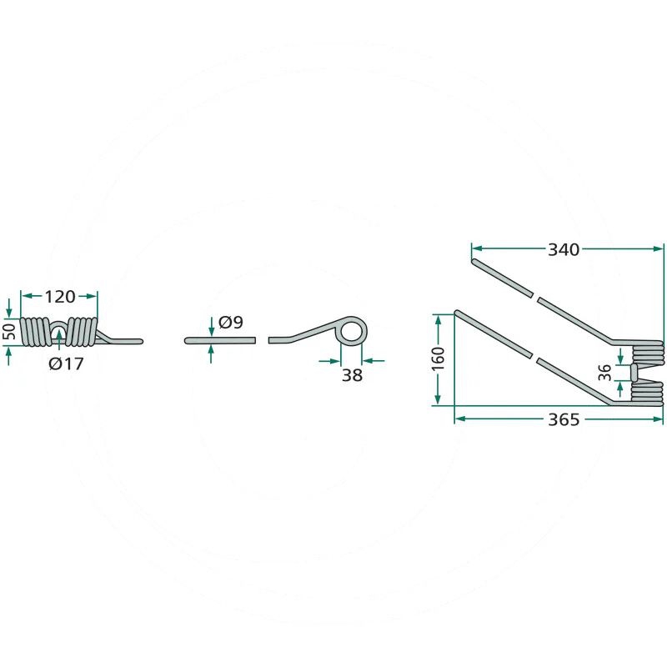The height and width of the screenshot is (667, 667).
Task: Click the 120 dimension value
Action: (x=59, y=296)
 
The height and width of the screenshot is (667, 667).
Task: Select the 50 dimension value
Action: (x=10, y=330)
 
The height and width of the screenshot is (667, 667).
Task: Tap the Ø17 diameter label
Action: (x=64, y=364)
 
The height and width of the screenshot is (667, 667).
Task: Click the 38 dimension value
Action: (x=352, y=375)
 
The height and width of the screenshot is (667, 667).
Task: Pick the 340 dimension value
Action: (x=564, y=248)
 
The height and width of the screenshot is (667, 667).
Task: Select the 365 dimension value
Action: (x=564, y=420)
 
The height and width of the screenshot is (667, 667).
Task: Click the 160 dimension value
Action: (x=439, y=359)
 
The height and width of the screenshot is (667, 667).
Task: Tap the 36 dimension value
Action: (x=607, y=372)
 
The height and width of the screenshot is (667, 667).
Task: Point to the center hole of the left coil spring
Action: (x=60, y=333)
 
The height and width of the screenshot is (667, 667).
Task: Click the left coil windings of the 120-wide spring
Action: (x=36, y=331)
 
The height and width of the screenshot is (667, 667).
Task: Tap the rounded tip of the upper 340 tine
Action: (x=475, y=263)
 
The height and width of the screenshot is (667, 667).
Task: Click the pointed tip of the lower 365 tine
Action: (x=457, y=313)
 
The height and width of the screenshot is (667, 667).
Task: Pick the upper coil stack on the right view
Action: (x=647, y=351)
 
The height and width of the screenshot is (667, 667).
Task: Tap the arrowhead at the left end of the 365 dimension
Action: (x=459, y=419)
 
